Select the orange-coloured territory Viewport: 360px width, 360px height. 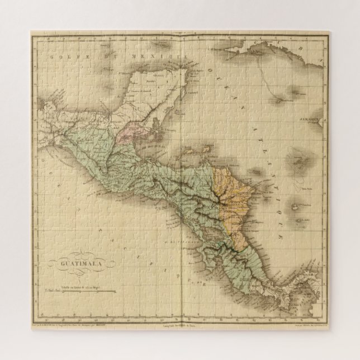coord(229,196)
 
